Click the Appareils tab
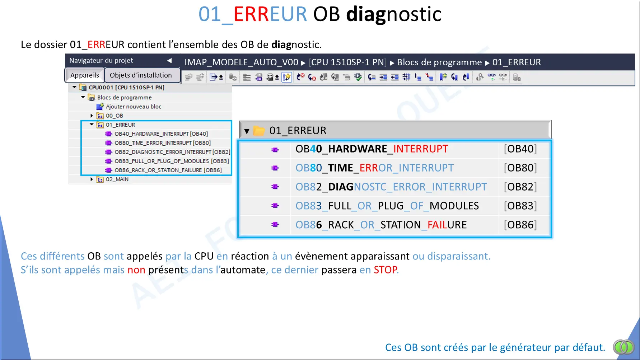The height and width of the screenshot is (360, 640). point(85,75)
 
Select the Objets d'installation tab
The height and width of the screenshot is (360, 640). point(141,75)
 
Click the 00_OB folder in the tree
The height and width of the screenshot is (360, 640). point(114,116)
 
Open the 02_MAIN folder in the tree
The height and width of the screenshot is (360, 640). point(117,179)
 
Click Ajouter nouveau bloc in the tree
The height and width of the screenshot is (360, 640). point(133,107)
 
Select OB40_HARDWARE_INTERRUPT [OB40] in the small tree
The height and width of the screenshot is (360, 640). point(161,134)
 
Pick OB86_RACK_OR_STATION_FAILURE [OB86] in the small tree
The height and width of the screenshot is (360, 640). point(168,170)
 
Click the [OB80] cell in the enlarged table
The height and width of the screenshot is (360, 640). point(520,168)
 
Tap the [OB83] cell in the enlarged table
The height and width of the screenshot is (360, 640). point(520,206)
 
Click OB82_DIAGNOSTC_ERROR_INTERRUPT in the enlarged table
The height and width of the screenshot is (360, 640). point(391,187)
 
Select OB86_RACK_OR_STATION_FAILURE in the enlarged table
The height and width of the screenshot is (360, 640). point(381,225)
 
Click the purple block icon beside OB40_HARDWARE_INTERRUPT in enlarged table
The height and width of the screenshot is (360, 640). point(275,149)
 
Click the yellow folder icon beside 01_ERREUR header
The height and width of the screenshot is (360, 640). point(259,131)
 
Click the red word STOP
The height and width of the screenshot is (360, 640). point(386,270)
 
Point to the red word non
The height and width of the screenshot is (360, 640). point(136,270)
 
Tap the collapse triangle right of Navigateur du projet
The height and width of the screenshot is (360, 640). point(169,61)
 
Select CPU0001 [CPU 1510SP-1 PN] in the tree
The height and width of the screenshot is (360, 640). point(126,87)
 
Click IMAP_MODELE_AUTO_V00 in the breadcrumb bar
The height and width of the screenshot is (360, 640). point(241,62)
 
